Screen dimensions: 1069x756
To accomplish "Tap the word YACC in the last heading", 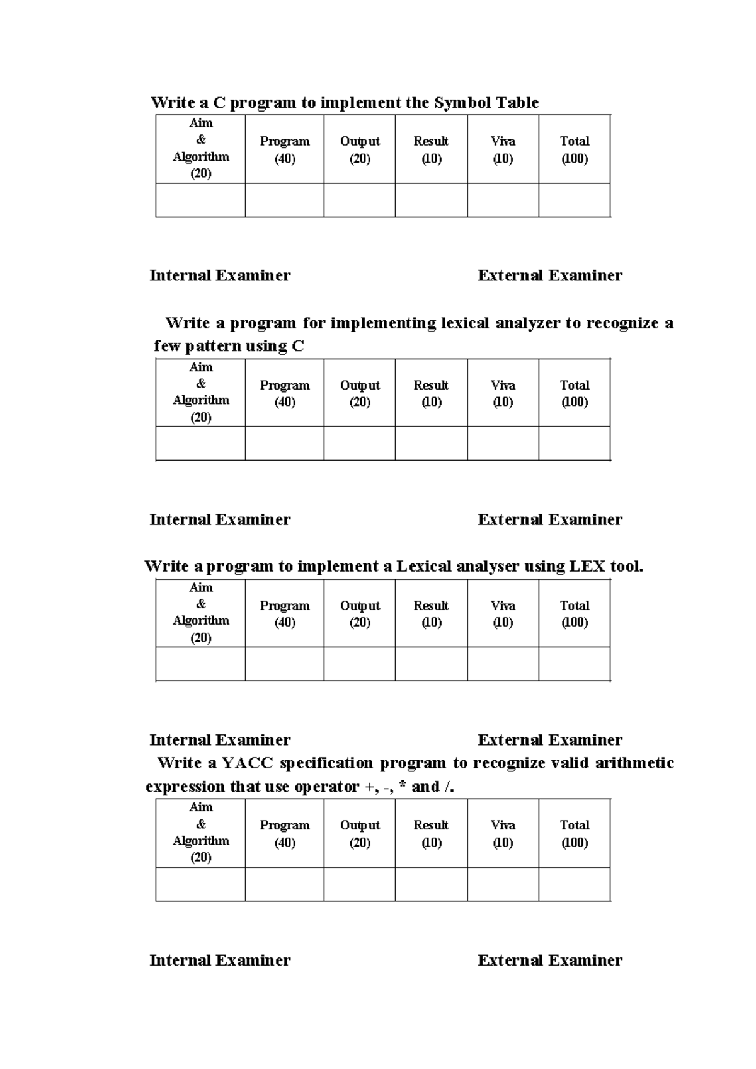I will (x=248, y=763).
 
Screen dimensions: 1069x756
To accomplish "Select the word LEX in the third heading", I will (x=587, y=566).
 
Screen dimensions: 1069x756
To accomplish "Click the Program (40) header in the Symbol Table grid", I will (x=285, y=149).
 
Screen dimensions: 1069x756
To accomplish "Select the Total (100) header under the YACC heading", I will (x=575, y=833).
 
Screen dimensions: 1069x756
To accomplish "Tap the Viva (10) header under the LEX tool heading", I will (x=503, y=613).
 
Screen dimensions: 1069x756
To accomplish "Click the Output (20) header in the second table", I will (x=360, y=393).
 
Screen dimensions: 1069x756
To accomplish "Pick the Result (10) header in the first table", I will (x=431, y=149).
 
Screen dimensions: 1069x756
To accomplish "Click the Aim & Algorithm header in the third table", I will (x=200, y=612).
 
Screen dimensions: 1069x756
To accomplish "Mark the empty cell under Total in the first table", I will (x=575, y=200).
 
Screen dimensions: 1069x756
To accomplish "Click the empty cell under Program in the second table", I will (x=285, y=444).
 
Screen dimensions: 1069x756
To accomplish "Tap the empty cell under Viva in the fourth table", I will (x=503, y=884).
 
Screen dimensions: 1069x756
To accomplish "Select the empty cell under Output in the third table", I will (x=360, y=664).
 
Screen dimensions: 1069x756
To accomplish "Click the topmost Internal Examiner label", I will (x=220, y=275).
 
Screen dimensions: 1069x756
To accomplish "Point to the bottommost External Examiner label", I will (x=550, y=960).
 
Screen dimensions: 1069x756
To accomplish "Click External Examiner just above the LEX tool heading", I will (x=550, y=519).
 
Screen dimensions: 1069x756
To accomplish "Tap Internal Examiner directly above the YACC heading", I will (x=220, y=739).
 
